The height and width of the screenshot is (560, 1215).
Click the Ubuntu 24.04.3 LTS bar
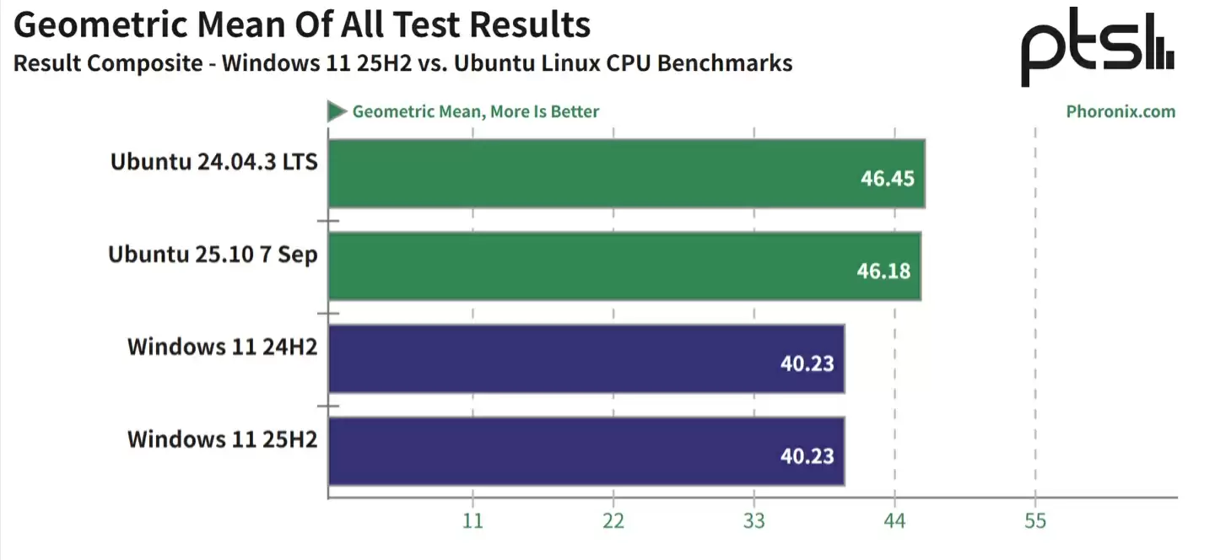[x=626, y=173]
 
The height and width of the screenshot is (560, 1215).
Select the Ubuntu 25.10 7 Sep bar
[x=624, y=266]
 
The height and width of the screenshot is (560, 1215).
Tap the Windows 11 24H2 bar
[x=586, y=358]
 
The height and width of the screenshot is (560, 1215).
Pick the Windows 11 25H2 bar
[x=586, y=451]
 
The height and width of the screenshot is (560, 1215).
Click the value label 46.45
[x=887, y=179]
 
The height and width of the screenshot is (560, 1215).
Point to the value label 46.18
[x=883, y=272]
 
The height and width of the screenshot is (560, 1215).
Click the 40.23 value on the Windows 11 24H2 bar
[x=807, y=363]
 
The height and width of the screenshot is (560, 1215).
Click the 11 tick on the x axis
[x=472, y=521]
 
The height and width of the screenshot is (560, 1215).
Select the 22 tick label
[x=613, y=521]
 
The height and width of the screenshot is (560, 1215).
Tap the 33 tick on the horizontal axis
[x=754, y=521]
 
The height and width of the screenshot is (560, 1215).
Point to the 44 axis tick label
[x=894, y=521]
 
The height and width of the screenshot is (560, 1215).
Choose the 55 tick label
[x=1035, y=521]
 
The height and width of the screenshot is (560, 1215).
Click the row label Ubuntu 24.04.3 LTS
[x=213, y=161]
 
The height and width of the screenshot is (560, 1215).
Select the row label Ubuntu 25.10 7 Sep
[x=213, y=254]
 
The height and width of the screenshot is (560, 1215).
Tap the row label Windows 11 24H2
[x=222, y=347]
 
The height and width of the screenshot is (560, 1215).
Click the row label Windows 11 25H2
[x=222, y=439]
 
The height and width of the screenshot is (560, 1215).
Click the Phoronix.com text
[x=1120, y=111]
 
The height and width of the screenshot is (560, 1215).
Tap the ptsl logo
[x=1097, y=48]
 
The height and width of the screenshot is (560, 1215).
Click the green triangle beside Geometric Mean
[x=337, y=111]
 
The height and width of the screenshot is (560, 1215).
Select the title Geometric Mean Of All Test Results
[x=301, y=25]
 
